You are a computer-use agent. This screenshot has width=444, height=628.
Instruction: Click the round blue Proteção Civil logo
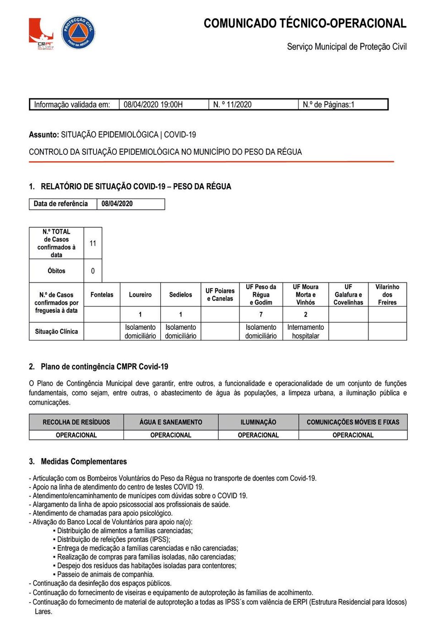(x=78, y=33)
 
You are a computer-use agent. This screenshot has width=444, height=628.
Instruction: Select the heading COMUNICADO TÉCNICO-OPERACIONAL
(x=305, y=23)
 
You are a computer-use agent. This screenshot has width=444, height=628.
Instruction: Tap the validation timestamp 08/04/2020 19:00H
(x=153, y=104)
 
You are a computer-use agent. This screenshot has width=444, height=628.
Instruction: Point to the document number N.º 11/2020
(x=232, y=104)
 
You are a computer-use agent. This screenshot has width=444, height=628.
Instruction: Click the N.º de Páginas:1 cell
(x=328, y=104)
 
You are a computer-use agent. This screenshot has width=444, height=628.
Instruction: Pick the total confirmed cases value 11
(x=93, y=243)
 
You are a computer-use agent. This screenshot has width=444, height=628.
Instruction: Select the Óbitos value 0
(x=93, y=271)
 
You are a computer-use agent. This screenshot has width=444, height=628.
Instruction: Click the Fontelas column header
(x=102, y=295)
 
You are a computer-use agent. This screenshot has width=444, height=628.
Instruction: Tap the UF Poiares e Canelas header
(x=220, y=295)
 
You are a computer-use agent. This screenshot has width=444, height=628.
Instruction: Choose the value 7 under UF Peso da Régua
(x=261, y=314)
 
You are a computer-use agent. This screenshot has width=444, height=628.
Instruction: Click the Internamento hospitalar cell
(x=305, y=332)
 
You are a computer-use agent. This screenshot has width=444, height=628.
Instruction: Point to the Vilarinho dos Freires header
(x=387, y=295)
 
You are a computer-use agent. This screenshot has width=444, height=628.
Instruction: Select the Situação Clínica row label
(x=56, y=331)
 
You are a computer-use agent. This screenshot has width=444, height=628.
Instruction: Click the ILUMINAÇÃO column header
(x=258, y=422)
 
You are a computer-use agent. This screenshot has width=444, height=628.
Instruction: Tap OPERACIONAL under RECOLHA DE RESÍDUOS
(x=76, y=435)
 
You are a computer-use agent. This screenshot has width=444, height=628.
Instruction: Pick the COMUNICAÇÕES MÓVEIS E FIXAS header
(x=353, y=422)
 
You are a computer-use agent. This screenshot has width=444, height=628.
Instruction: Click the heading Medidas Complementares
(x=84, y=461)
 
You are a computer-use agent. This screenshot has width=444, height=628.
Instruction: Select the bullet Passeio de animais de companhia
(x=105, y=574)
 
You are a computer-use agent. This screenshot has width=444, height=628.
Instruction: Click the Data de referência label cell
(x=61, y=204)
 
